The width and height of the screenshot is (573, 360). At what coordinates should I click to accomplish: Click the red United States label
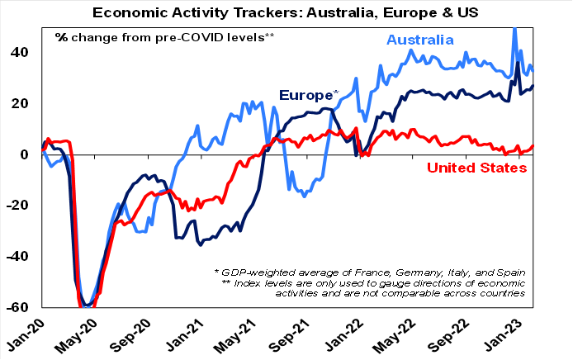(477, 168)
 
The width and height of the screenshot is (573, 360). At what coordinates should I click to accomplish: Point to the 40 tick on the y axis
(21, 52)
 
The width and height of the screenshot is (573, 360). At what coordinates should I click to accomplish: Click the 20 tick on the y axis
(21, 103)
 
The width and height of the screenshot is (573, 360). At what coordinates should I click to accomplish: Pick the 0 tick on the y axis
(26, 154)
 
